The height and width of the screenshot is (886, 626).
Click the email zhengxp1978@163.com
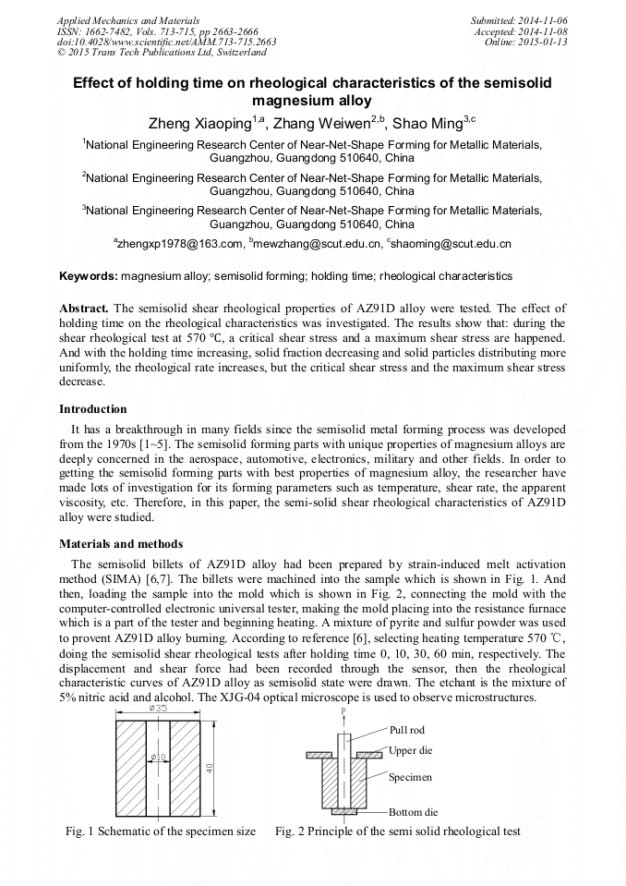179,244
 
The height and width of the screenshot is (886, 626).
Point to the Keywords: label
89,276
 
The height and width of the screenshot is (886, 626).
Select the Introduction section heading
93,409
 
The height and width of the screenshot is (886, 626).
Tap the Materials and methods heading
121,544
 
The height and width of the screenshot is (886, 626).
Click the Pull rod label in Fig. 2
407,730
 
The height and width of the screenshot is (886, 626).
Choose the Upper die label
410,750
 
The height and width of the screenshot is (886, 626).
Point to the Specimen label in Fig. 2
411,777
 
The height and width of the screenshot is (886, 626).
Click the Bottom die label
413,812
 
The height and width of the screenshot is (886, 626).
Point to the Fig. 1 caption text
160,831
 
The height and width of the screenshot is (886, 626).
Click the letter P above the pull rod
343,711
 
